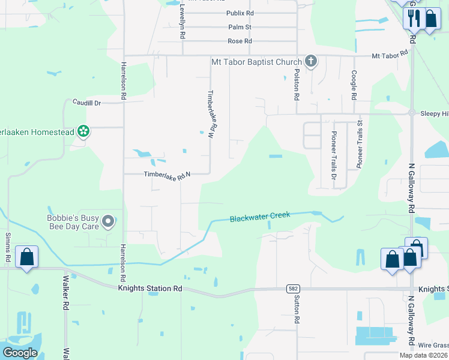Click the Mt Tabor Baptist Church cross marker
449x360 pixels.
coord(310,61)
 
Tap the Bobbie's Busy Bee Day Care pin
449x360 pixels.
coord(108,222)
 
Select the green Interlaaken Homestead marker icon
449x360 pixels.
coord(83,131)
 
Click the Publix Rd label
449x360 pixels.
coord(240,13)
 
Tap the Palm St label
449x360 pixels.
coord(240,27)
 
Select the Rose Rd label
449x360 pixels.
coord(240,41)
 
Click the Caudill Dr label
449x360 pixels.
coord(88,103)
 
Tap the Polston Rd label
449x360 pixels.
coord(297,83)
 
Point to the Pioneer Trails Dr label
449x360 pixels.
coord(334,151)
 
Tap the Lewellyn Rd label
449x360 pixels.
coord(182,22)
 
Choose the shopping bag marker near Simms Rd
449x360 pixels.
coord(27,257)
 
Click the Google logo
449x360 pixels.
coord(20,353)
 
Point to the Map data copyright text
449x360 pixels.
coord(423,355)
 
